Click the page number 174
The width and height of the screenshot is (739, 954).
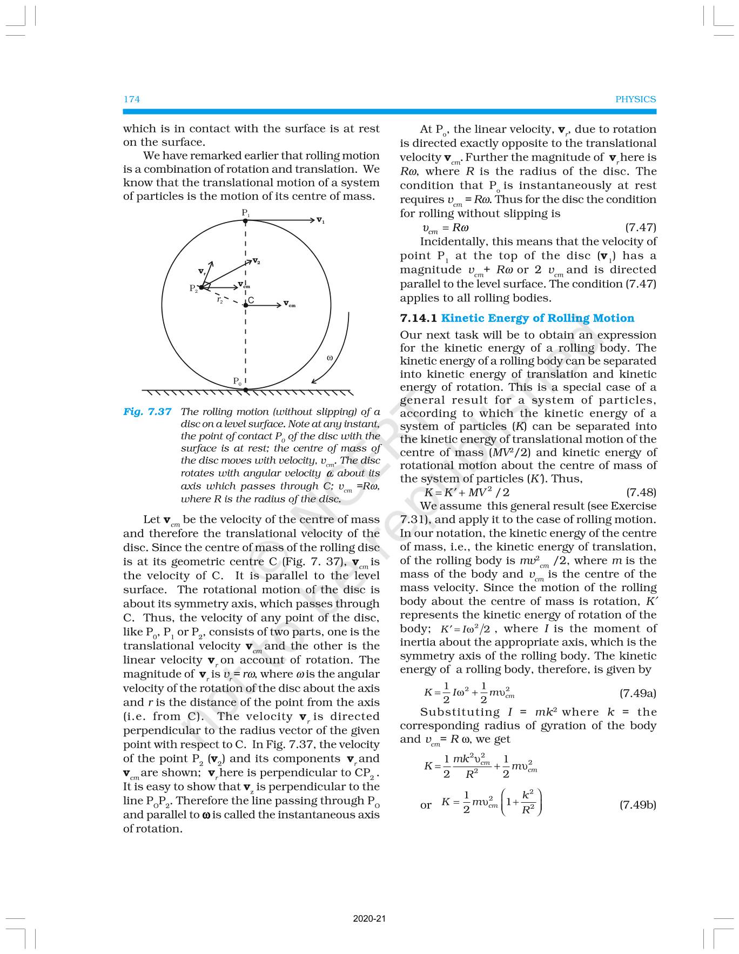point(131,99)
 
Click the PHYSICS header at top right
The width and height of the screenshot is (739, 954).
point(635,99)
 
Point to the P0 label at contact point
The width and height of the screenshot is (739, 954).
point(237,381)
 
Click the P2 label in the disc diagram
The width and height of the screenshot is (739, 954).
point(193,288)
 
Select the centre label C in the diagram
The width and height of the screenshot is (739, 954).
point(251,300)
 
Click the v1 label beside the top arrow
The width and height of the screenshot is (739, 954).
point(320,220)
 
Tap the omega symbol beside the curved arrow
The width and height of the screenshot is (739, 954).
point(330,358)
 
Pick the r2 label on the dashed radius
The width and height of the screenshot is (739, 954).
point(220,300)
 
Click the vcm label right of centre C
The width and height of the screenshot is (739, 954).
point(290,305)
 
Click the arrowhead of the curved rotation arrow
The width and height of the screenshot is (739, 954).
point(314,381)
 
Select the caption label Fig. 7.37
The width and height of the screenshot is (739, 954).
point(147,412)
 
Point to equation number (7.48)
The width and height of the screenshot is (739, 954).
point(641,492)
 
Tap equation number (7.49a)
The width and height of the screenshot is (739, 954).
point(637,693)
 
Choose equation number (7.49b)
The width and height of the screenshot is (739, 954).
point(637,805)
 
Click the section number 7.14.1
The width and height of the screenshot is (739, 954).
point(418,318)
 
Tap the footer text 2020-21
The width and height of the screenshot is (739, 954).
point(369,918)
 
